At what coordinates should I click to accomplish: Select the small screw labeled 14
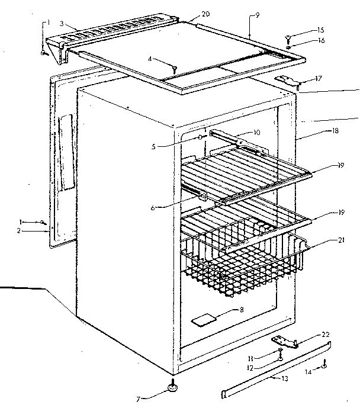(x=324, y=366)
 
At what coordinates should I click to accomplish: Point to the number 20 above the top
(x=189, y=14)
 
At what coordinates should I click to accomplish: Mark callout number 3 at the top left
(x=62, y=26)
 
